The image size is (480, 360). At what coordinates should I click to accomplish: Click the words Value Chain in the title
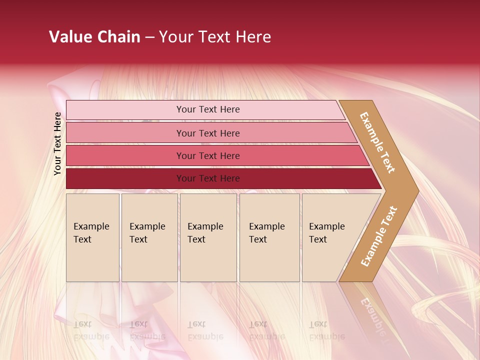click(94, 37)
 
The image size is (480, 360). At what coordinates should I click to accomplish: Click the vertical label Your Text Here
click(57, 143)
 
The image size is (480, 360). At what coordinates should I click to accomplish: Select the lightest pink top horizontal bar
click(125, 110)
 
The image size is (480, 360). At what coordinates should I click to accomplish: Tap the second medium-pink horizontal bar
click(125, 133)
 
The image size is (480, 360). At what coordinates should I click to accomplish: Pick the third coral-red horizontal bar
click(125, 156)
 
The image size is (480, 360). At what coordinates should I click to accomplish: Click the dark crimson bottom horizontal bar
click(125, 178)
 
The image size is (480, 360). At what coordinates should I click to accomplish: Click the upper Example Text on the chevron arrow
click(377, 142)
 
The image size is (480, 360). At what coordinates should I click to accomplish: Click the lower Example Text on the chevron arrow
click(378, 236)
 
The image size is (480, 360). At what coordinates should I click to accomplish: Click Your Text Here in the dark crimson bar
click(208, 178)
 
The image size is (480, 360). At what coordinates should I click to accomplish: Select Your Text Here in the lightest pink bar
click(208, 109)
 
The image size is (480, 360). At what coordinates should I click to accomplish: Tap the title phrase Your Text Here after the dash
click(215, 37)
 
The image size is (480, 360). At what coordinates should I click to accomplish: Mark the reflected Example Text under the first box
click(91, 330)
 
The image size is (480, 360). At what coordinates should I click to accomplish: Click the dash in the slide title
click(149, 37)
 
